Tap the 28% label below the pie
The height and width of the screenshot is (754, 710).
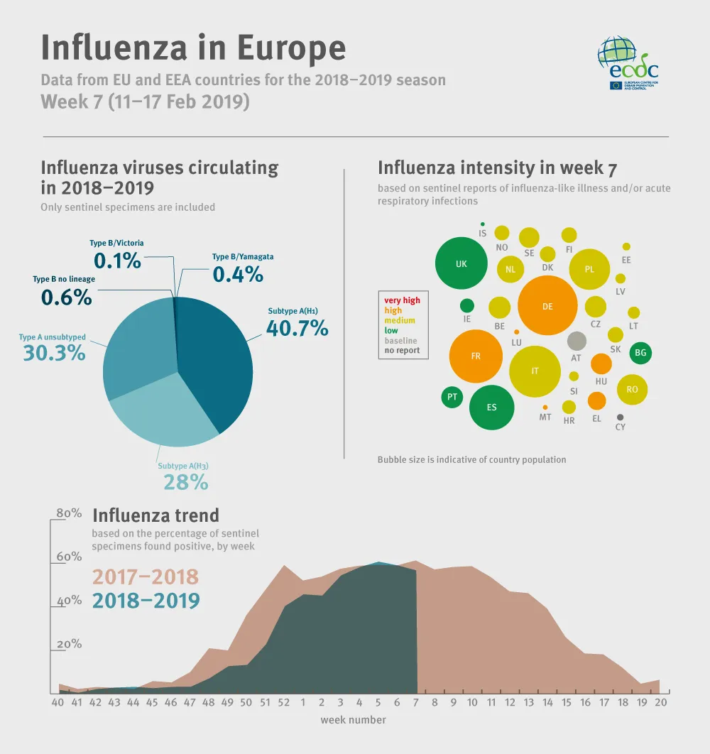point(185,482)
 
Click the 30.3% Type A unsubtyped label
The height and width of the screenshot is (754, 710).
point(54,352)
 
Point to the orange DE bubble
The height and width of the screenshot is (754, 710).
point(547,306)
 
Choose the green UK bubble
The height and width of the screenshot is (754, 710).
point(461,263)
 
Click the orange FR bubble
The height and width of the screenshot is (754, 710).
point(476,356)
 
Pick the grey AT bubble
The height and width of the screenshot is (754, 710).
point(577,341)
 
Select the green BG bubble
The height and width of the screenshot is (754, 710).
point(640,352)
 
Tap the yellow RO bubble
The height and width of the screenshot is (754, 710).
point(632,389)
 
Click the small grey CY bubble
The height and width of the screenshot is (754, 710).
point(621,417)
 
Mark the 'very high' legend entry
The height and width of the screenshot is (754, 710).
point(402,300)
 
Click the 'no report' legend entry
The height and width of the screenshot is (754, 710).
point(402,350)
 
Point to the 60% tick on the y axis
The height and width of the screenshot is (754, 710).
point(70,557)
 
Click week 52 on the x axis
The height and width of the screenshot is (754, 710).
point(284,702)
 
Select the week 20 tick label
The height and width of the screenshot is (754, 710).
point(661,702)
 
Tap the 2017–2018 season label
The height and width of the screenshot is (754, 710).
point(146,577)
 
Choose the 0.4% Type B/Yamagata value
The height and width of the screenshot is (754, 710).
point(238,273)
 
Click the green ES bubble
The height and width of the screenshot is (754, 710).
point(491,408)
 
